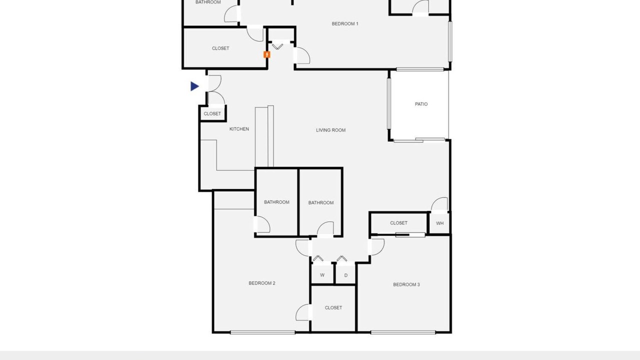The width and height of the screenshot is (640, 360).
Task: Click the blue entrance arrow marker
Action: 194,86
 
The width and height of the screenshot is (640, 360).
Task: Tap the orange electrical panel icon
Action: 267,54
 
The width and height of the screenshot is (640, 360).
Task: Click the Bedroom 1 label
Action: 345,23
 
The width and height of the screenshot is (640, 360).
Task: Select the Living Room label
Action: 330,130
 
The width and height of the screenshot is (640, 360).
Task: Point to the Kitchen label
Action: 239,129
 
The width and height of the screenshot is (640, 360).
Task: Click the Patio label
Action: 421,104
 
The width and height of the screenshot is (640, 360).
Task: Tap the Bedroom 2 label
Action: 261,283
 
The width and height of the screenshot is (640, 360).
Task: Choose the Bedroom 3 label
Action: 406,284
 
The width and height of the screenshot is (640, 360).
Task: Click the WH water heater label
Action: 439,223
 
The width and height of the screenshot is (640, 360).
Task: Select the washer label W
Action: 322,275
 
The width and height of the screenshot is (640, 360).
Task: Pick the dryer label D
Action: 345,275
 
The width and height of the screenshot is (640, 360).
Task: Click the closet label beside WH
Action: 398,223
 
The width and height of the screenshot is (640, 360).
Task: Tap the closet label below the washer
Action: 333,307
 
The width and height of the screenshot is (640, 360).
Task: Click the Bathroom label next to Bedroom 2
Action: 276,202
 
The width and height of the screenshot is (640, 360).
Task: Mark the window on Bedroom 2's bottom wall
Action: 262,332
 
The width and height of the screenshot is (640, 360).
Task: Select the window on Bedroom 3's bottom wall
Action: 403,332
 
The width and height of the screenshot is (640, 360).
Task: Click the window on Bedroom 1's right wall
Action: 450,41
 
